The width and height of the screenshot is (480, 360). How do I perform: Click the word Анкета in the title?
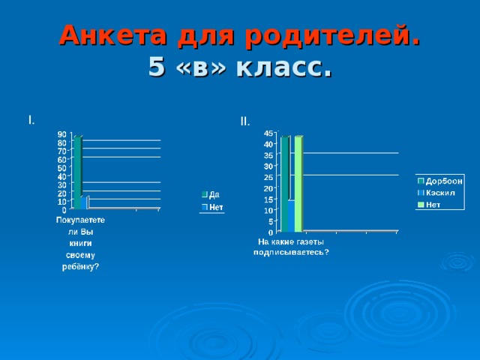click(x=106, y=35)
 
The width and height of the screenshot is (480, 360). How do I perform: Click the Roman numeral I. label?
click(x=30, y=120)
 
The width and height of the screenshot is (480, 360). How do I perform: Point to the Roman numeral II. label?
click(x=245, y=121)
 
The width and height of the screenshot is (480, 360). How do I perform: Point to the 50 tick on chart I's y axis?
click(x=62, y=168)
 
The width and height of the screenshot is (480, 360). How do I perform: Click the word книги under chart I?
click(x=80, y=244)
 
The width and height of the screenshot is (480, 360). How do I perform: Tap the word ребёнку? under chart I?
click(x=80, y=266)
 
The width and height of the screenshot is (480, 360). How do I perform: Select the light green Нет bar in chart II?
click(x=298, y=184)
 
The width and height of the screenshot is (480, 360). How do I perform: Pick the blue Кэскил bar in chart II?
click(x=291, y=215)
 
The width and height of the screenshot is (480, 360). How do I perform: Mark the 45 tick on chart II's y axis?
click(x=268, y=133)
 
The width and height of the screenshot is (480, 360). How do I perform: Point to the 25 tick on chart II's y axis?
click(x=268, y=177)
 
